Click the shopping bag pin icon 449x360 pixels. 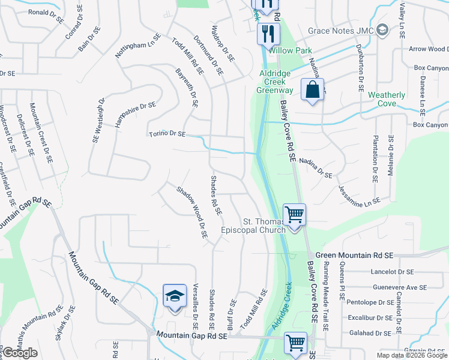(312, 91)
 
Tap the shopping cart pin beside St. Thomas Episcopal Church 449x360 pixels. (294, 214)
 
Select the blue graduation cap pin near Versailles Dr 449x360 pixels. (175, 296)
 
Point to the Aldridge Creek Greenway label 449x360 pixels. (276, 82)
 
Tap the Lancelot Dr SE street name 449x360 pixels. (393, 271)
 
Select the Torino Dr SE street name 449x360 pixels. (167, 134)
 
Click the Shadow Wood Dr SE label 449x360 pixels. (191, 213)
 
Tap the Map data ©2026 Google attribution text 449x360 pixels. (411, 355)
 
